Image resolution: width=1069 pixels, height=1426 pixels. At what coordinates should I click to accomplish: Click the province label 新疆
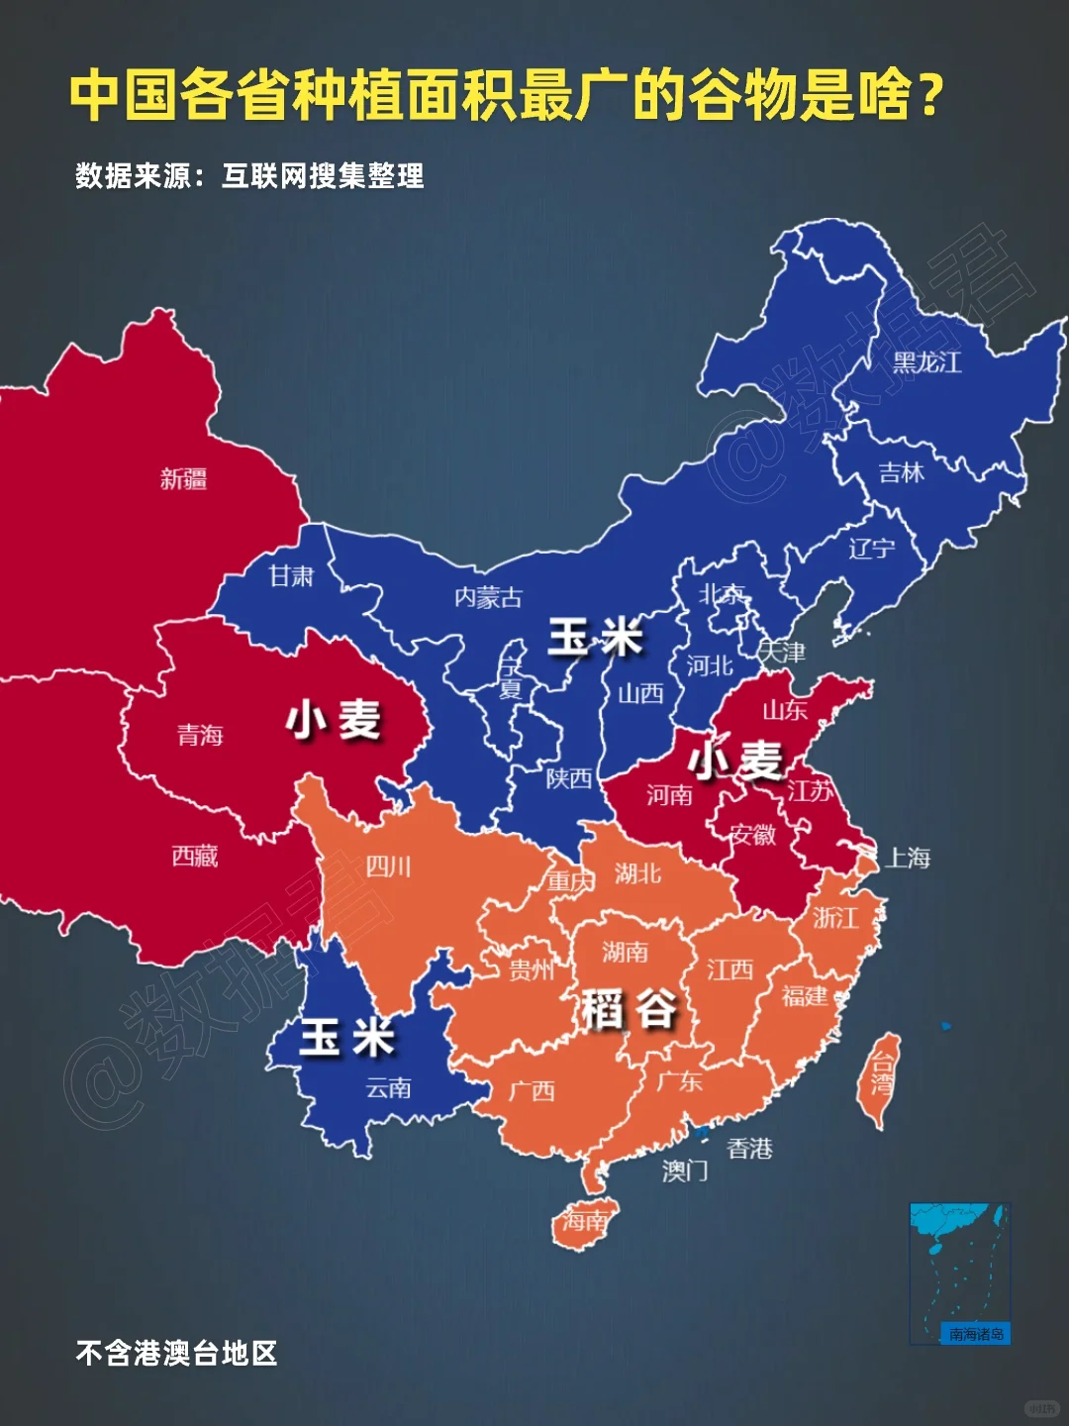(x=183, y=479)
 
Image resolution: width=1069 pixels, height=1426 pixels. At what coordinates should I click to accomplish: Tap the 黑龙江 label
(x=926, y=362)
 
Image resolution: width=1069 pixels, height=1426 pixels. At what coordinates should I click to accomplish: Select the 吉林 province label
(x=901, y=473)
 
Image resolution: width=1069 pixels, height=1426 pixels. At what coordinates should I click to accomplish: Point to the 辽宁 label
(x=871, y=548)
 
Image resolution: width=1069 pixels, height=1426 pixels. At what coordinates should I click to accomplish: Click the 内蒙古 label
(x=488, y=597)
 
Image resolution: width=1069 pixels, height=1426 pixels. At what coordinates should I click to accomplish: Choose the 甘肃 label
(x=291, y=575)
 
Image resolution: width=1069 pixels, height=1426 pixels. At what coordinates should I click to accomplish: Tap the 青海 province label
(x=200, y=735)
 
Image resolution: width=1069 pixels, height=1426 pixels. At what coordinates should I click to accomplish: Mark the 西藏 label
(x=194, y=856)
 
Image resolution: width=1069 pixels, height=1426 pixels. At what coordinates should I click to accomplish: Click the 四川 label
(x=388, y=867)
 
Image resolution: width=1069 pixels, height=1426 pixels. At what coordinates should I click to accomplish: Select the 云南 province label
(x=388, y=1088)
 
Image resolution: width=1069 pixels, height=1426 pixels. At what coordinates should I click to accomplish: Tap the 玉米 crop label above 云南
(x=346, y=1038)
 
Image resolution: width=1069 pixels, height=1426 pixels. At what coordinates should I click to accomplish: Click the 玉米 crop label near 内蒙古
(x=596, y=637)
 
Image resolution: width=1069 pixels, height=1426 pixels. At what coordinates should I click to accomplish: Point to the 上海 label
(x=908, y=858)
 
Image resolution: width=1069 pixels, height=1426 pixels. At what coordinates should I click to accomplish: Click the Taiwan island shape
(x=878, y=1079)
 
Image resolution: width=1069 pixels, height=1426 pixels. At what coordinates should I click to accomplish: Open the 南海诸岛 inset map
(x=959, y=1273)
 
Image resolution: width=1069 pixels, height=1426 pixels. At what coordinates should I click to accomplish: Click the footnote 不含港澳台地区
(x=176, y=1353)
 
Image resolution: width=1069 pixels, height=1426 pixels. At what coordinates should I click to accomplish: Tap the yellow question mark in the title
(x=929, y=96)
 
